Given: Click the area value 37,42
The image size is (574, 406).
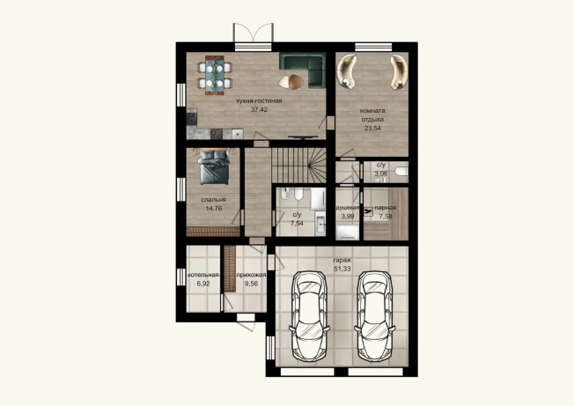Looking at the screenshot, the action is pos(259,109).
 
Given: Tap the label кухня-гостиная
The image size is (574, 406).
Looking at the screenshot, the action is pos(259,100).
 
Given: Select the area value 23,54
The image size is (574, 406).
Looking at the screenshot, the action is pos(372,128).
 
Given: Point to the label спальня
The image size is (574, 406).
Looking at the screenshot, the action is pos(214,200).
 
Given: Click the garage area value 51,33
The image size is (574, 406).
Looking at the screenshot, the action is pos(342,269).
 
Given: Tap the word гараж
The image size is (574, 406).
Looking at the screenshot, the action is pos(342,261).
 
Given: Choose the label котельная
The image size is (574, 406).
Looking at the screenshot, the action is pos(203,275).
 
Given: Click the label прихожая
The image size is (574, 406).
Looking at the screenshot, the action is pos(251,275).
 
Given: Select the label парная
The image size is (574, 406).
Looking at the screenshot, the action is pos(386,208).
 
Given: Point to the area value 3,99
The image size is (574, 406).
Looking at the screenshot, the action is pos(348,216).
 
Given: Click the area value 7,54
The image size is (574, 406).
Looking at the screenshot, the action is pos(297,223).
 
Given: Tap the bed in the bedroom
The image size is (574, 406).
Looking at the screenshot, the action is pos(214,166).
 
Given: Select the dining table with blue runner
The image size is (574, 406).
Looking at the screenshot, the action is pos(215,75).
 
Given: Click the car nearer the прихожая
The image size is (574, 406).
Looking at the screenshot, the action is pos(309,315).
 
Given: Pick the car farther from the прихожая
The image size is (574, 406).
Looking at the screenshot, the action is pos(375,315).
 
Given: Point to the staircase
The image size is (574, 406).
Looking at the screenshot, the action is pos(298,165).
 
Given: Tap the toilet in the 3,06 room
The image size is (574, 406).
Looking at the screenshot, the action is pos(401,172).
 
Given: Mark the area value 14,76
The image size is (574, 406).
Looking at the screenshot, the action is pos(214,209).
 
